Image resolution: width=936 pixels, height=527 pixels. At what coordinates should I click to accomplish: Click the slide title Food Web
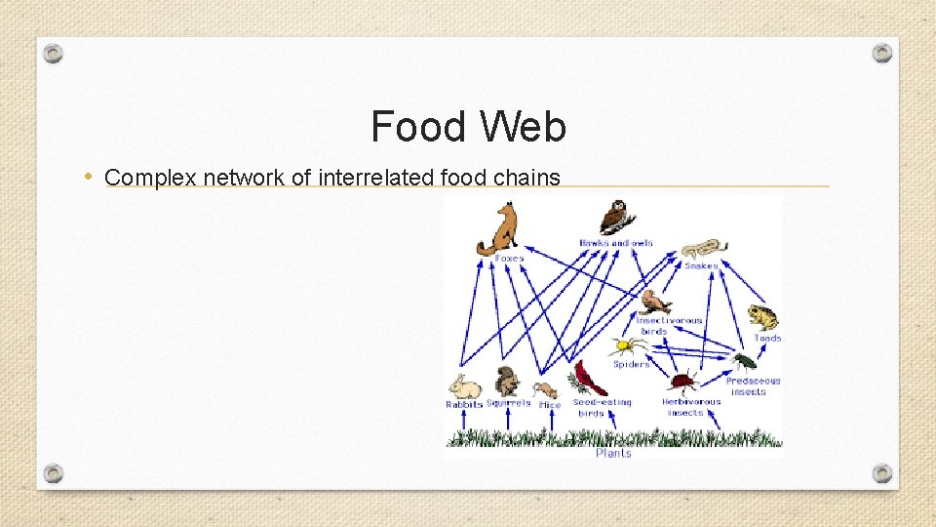[468, 127]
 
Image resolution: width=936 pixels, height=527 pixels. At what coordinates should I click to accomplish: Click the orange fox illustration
[498, 229]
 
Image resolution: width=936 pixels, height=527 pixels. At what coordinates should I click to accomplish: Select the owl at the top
[613, 218]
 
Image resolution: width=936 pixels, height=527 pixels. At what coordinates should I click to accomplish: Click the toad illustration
[762, 318]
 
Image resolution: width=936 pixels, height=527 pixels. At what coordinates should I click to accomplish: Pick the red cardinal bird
[589, 379]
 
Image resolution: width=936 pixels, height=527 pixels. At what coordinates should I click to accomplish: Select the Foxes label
[509, 259]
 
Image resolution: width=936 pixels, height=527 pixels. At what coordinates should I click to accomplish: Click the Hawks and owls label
[616, 243]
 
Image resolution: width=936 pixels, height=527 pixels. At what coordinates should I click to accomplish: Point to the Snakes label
[701, 266]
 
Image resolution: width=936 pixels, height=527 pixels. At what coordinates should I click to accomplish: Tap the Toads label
[767, 339]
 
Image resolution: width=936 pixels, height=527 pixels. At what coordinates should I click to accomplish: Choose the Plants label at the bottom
[613, 453]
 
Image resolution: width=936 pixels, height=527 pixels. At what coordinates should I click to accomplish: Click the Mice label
[550, 404]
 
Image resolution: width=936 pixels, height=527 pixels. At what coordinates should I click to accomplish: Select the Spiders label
[631, 365]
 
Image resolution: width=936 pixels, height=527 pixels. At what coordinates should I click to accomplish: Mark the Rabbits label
[464, 404]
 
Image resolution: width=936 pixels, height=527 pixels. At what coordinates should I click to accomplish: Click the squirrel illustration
[507, 382]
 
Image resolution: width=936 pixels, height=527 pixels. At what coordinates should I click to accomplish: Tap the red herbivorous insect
[683, 381]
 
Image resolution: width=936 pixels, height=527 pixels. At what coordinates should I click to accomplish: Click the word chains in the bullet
[531, 178]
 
